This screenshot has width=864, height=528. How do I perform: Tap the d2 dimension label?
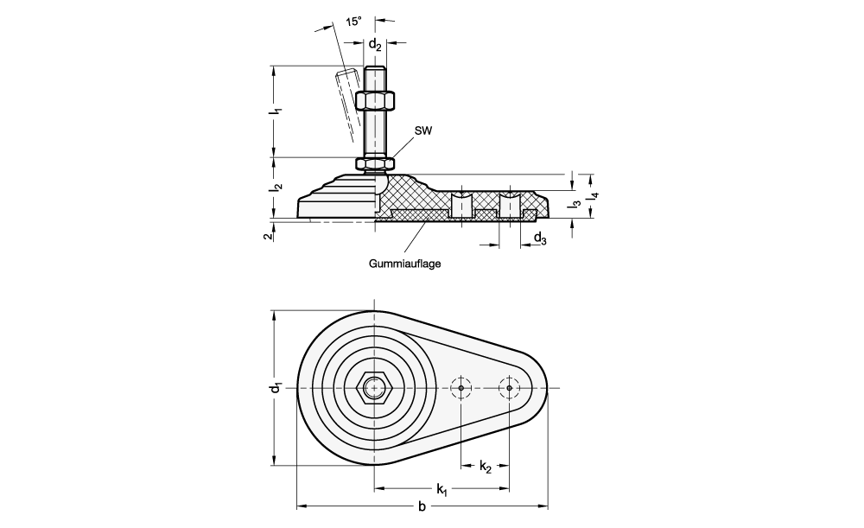tap(375, 44)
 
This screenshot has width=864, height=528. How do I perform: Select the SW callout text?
tap(423, 130)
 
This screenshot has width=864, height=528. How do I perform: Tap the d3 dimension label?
tap(539, 239)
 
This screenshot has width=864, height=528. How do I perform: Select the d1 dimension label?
tap(273, 388)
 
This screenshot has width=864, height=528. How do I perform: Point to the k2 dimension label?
tap(486, 468)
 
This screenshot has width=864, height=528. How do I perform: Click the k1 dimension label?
tap(442, 490)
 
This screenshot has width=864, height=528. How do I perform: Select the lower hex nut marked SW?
tap(375, 162)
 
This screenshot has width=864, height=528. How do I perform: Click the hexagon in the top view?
tap(374, 388)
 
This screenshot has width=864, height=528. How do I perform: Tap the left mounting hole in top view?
tap(461, 388)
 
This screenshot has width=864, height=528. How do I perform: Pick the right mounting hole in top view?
tap(510, 388)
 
